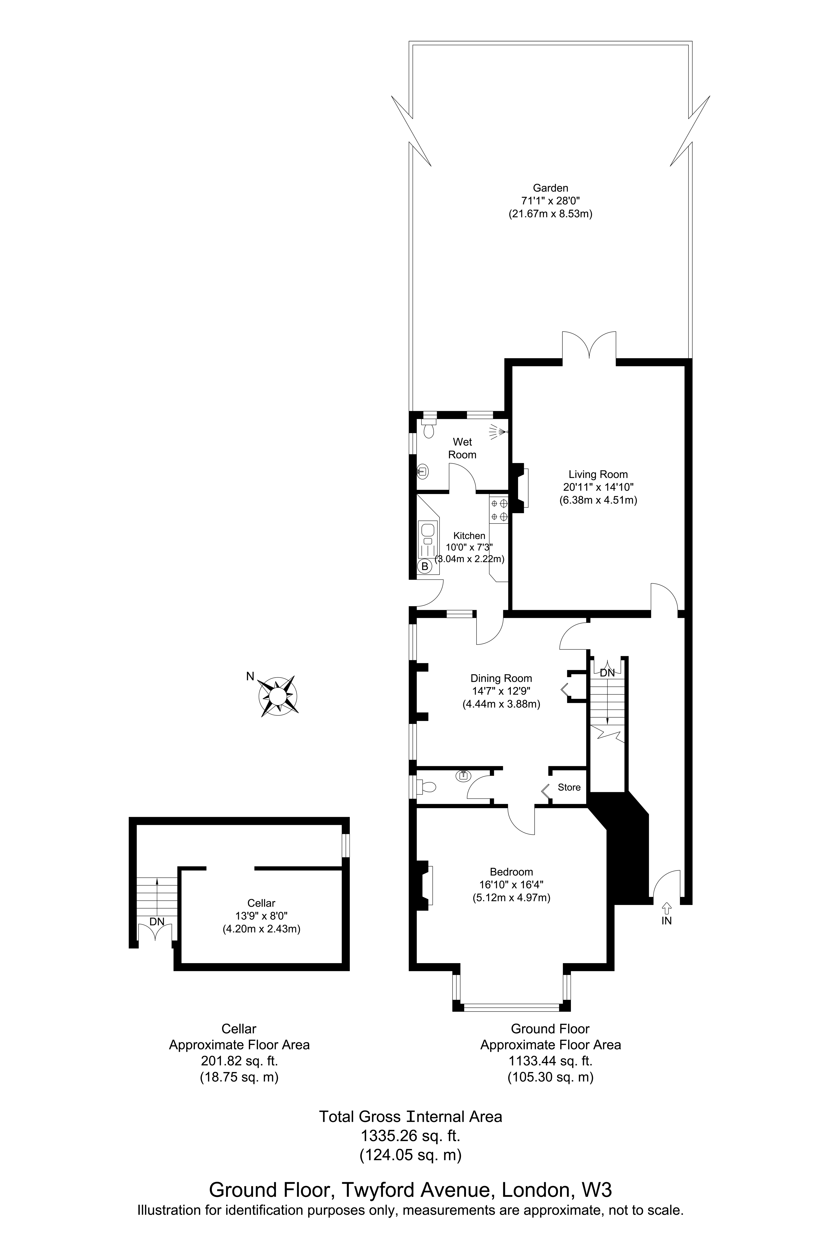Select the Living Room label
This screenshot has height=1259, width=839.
(598, 474)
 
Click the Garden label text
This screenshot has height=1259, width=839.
(550, 188)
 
